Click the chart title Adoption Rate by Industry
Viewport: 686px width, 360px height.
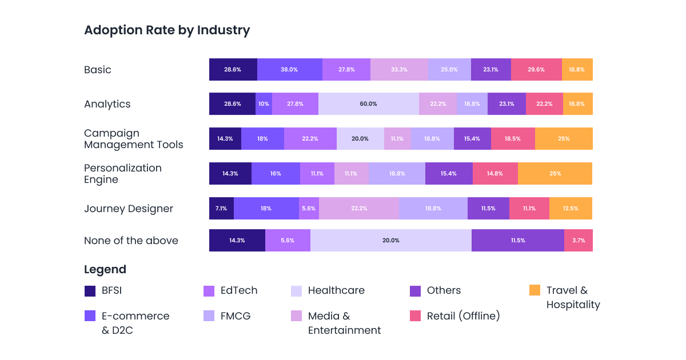167,30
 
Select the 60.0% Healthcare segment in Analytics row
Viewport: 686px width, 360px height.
368,104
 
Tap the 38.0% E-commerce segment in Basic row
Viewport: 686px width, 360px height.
289,70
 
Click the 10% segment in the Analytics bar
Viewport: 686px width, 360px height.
264,104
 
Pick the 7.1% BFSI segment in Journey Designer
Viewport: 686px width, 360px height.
221,209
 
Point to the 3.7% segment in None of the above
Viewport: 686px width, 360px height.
579,241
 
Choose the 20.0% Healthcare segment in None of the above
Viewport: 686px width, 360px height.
391,241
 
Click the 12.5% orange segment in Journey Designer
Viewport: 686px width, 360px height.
571,209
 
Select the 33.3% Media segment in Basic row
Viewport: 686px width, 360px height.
399,70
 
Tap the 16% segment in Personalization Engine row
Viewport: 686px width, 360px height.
276,174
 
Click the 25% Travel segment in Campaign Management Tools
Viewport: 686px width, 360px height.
564,139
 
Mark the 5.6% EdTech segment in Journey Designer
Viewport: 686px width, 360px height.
309,209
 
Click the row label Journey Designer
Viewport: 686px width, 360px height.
129,209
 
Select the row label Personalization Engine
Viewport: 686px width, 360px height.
123,174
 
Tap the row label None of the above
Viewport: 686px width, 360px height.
131,241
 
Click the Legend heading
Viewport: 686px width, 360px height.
105,270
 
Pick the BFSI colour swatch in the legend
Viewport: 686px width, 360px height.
90,291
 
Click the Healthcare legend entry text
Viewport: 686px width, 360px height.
336,290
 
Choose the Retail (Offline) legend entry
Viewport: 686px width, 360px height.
463,316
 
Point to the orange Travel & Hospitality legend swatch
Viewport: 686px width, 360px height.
535,290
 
